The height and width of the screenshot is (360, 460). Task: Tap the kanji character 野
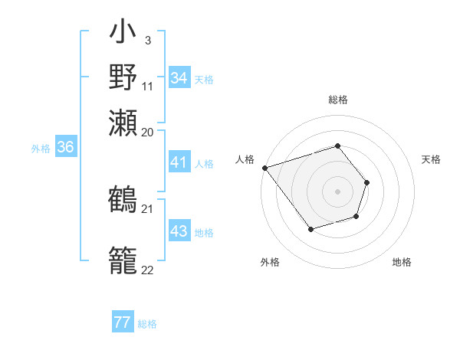click(x=123, y=77)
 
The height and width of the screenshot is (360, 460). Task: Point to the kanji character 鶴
click(x=123, y=199)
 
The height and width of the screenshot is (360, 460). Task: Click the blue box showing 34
click(x=179, y=78)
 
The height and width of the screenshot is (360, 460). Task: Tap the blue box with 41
click(x=179, y=162)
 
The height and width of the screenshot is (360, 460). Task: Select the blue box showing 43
click(x=179, y=231)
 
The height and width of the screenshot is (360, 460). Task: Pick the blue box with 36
click(x=65, y=148)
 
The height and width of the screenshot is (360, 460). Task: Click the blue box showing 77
click(x=122, y=322)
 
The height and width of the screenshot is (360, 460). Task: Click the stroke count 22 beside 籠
click(x=147, y=270)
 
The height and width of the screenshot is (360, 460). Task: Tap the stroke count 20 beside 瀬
click(x=148, y=132)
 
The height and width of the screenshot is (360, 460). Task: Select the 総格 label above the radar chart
click(x=337, y=100)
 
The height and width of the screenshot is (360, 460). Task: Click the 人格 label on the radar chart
click(x=245, y=159)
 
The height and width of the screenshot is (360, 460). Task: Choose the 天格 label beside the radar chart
click(x=432, y=159)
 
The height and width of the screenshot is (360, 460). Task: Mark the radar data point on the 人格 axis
click(x=264, y=168)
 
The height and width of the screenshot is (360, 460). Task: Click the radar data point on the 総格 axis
click(x=337, y=146)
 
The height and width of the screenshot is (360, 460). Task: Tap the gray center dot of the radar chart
click(x=337, y=191)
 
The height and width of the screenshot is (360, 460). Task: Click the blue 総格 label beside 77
click(x=147, y=324)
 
